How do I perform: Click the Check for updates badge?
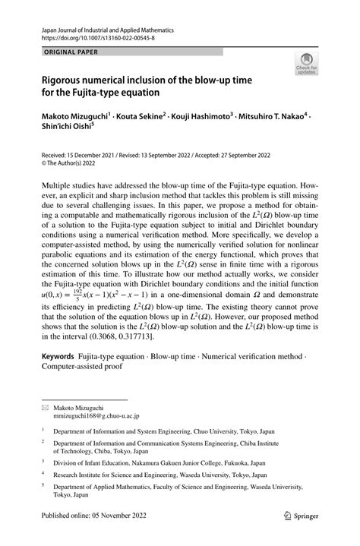308,65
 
